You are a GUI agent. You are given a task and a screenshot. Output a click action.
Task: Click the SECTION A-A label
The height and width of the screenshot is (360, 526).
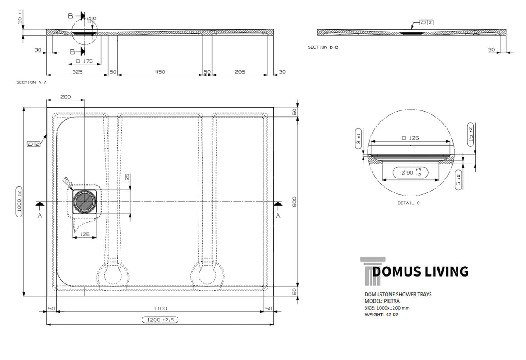pyautogui.click(x=32, y=82)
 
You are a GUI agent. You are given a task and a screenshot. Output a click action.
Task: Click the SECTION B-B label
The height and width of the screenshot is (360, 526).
pyautogui.click(x=323, y=47)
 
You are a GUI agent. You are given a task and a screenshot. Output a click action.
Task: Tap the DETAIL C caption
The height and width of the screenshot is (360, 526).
pyautogui.click(x=409, y=203)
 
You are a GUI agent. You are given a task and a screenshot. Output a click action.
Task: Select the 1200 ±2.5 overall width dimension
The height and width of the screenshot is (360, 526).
pyautogui.click(x=160, y=320)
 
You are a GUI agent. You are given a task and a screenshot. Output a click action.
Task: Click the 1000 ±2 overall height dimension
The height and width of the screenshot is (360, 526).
pyautogui.click(x=19, y=202)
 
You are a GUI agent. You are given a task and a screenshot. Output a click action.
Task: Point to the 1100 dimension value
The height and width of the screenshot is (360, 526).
pyautogui.click(x=160, y=308)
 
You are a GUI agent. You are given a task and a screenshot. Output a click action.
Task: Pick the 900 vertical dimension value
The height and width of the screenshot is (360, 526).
pyautogui.click(x=295, y=202)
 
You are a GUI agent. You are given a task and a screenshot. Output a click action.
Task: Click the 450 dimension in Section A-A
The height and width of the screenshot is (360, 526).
pyautogui.click(x=160, y=72)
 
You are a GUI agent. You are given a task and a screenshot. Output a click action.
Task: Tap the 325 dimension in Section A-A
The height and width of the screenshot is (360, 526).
pyautogui.click(x=78, y=72)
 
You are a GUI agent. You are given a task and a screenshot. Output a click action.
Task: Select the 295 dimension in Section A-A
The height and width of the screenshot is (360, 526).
pyautogui.click(x=240, y=72)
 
